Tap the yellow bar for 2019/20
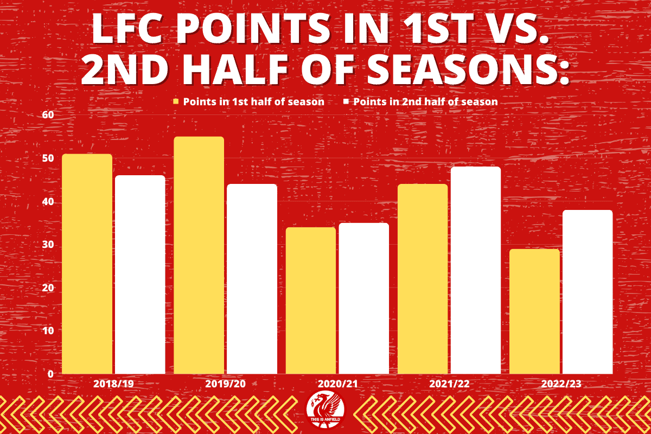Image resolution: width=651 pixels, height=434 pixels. coord(199,256)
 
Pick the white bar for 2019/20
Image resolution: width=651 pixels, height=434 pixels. coord(252,279)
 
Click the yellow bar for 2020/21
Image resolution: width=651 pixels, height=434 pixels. coord(310,301)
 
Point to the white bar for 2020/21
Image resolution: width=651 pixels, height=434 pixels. coord(363,298)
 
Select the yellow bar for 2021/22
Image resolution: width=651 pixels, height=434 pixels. coord(423,279)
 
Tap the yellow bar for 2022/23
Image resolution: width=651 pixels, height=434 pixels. coord(534,311)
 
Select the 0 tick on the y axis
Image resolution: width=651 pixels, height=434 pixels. coord(51,374)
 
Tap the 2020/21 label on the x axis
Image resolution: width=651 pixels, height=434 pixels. coord(337,384)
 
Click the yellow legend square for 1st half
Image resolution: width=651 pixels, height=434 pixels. coord(176,101)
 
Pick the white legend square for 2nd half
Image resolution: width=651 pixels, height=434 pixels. coord(346,101)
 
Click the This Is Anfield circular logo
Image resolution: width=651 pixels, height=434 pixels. coord(325,410)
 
